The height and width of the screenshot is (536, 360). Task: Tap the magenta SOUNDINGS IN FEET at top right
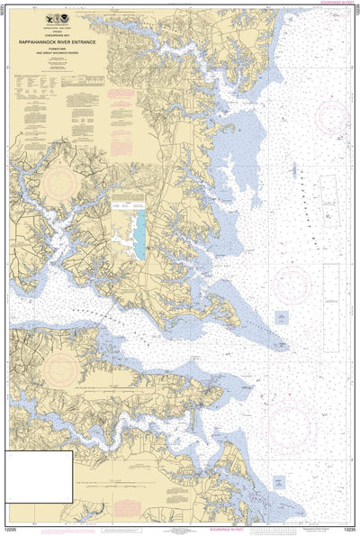(337, 3)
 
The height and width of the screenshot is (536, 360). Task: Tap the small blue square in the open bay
(282, 316)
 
